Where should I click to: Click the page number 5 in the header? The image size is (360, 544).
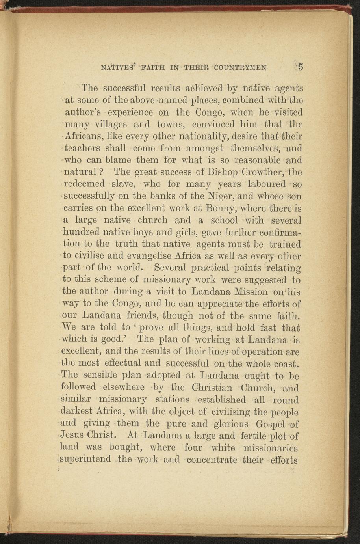click(x=301, y=67)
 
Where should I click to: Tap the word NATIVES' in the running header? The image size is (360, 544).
click(x=117, y=67)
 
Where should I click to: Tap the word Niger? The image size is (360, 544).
click(x=222, y=196)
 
